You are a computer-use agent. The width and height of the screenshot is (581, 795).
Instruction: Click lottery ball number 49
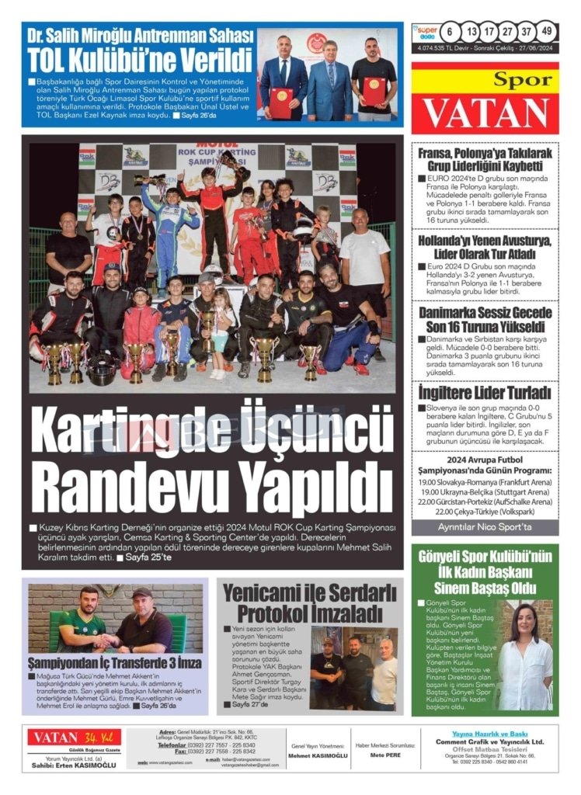point(547,32)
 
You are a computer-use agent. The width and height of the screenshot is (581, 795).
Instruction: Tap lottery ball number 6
point(450,32)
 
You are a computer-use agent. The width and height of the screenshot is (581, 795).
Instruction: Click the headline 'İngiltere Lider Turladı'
point(484,393)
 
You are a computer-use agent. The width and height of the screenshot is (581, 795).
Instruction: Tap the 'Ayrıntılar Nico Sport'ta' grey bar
point(484,527)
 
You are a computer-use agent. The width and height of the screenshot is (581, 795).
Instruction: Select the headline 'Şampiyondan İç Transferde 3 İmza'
point(115,663)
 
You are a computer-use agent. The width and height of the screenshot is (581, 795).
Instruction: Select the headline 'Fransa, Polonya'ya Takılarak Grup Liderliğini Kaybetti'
point(484,160)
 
